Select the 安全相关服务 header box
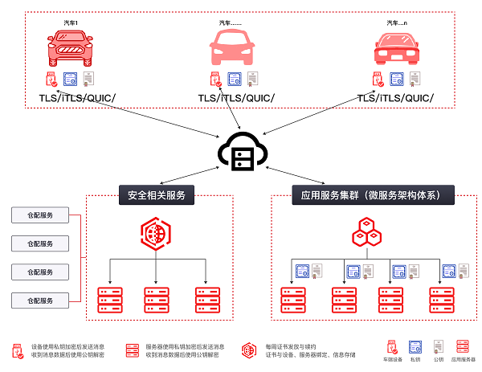click(x=156, y=194)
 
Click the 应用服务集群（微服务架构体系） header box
click(x=372, y=194)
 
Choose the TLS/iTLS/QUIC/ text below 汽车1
click(x=77, y=98)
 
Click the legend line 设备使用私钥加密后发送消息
click(x=68, y=346)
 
